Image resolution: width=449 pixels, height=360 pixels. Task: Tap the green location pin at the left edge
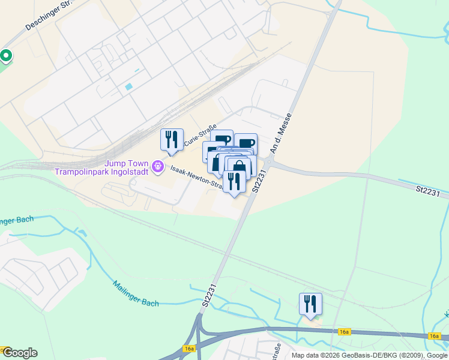6,56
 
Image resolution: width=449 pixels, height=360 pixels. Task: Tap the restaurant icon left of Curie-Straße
172,140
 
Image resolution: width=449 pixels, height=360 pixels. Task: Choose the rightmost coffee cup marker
246,144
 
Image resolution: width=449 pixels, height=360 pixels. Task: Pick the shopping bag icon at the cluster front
239,167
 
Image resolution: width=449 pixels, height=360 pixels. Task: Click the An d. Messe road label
282,134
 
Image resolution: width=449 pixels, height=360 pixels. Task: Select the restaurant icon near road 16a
310,304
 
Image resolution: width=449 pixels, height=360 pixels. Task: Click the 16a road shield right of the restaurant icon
344,331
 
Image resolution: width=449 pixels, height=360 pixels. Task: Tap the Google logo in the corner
19,353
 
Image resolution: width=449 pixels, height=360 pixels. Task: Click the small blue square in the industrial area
128,87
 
